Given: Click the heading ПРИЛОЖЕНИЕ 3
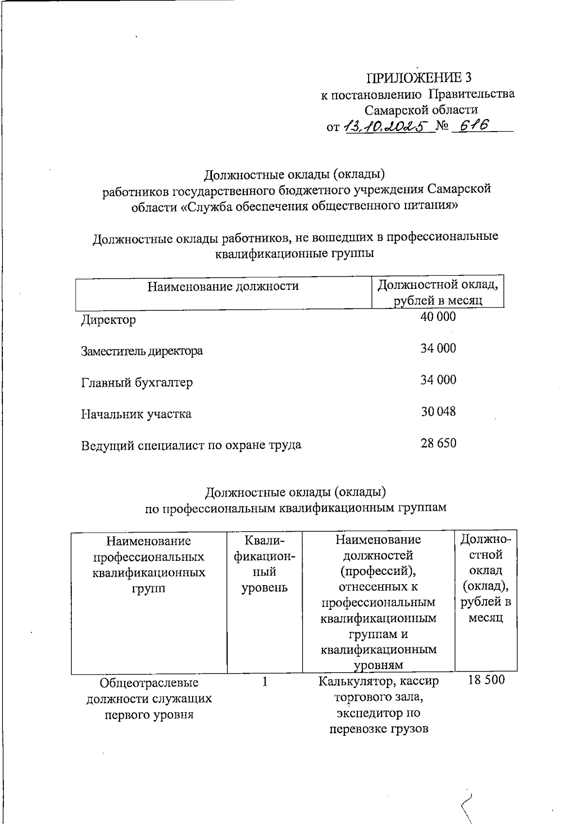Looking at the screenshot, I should tap(419, 78).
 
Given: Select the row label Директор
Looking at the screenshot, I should tap(108, 320).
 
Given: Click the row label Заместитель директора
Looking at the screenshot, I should tap(142, 351).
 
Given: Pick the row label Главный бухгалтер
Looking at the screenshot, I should tap(137, 383).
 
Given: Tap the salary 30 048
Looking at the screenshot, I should tap(438, 412).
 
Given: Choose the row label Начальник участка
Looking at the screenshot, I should tap(136, 414).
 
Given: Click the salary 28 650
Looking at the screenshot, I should tap(438, 443).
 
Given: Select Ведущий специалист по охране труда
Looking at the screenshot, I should tap(191, 445).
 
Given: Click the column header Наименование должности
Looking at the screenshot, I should tap(223, 286).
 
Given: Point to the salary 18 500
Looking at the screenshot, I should tap(486, 680).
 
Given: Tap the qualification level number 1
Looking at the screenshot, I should tap(265, 682).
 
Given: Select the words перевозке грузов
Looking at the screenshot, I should tap(379, 729).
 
